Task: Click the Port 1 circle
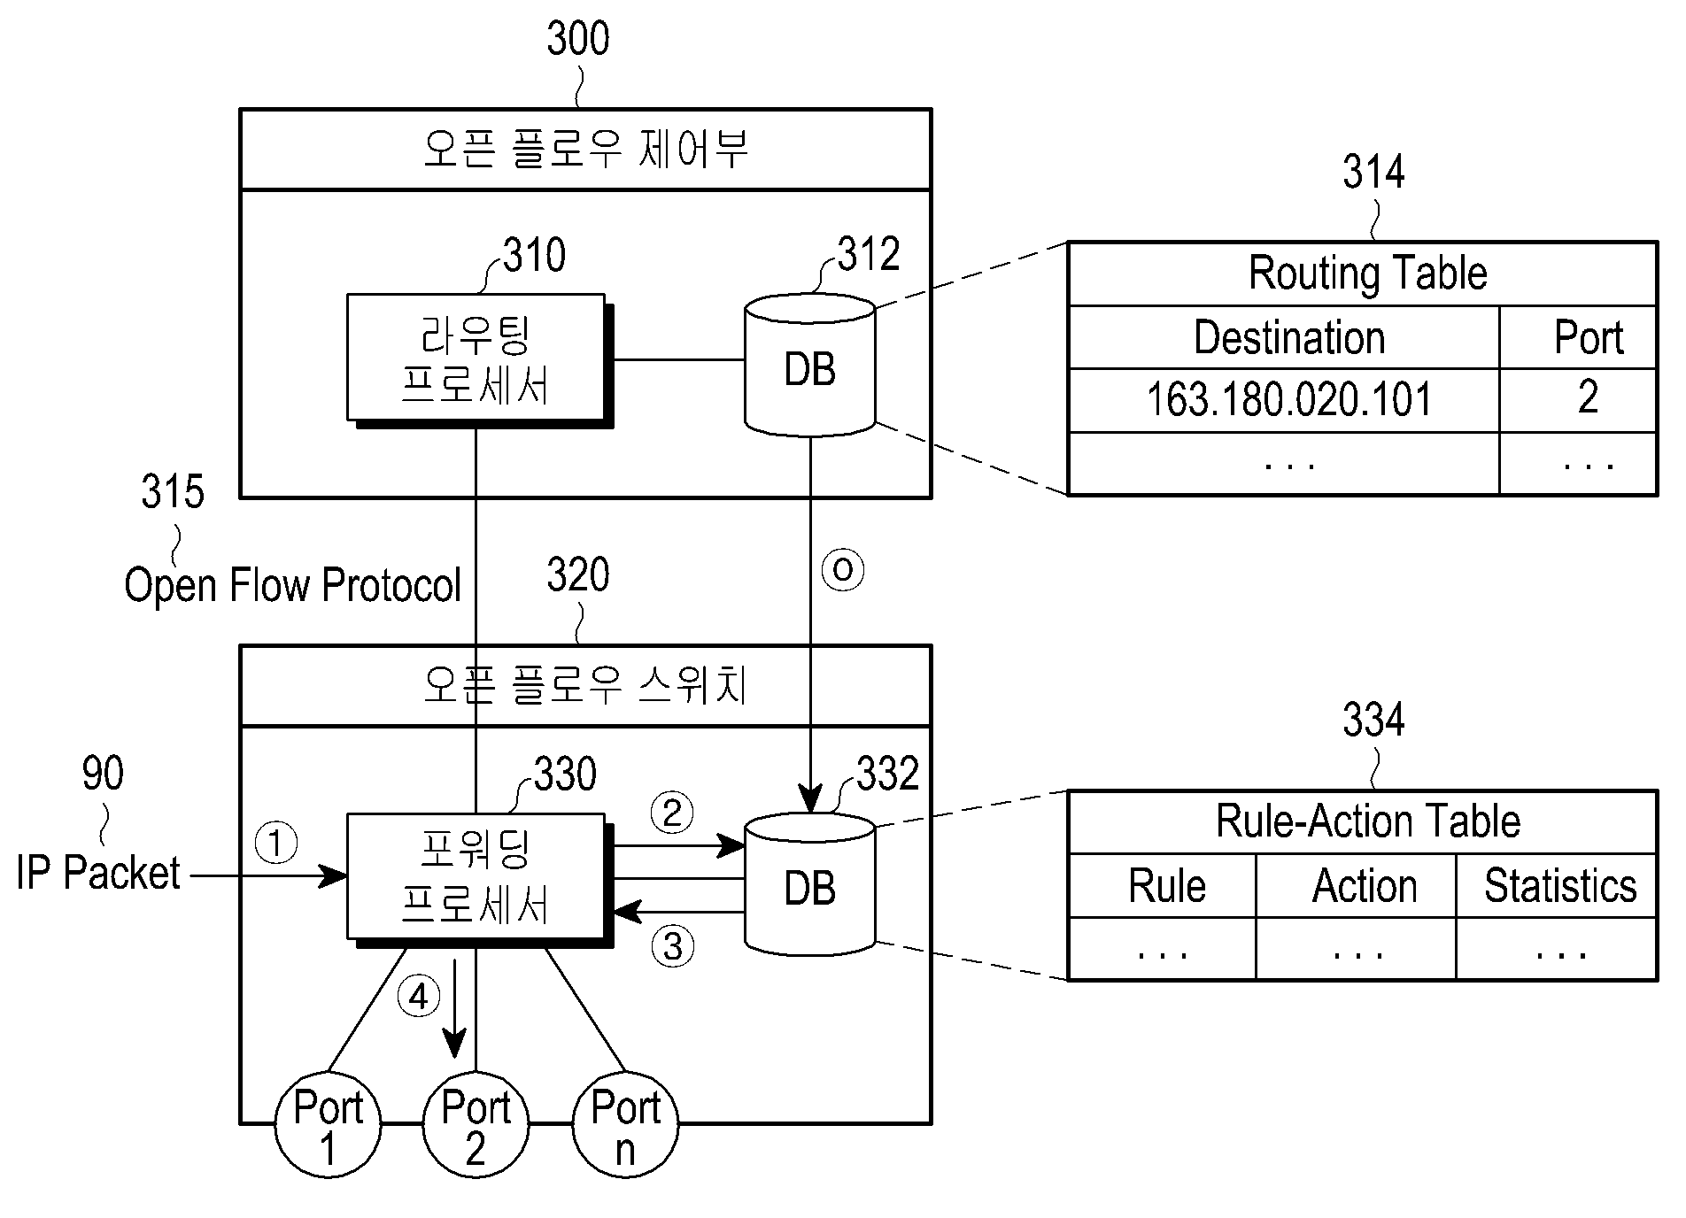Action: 329,1124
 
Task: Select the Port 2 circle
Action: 476,1124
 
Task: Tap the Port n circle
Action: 625,1124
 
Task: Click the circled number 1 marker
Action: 276,843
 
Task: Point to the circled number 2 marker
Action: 672,812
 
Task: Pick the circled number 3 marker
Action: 673,946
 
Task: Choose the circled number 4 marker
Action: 418,997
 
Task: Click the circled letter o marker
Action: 842,569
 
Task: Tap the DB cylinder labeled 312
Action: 809,365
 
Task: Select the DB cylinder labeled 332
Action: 809,883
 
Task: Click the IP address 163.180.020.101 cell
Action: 1288,399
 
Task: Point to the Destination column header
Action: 1288,338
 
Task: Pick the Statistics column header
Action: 1560,886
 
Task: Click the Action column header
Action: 1365,886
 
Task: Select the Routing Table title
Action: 1367,274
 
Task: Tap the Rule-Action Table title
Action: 1368,821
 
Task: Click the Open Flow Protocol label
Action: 292,585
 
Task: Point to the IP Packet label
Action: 97,873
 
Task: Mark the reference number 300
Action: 578,40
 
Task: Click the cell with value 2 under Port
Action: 1588,397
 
